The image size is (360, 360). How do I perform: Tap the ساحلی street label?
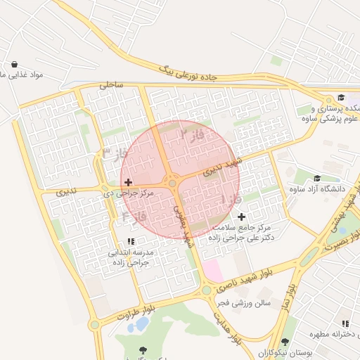coord(110,84)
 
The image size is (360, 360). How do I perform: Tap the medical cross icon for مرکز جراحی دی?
coord(128,182)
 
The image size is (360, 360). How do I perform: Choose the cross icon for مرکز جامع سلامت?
coord(242,217)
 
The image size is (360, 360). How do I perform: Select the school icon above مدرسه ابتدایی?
coord(131,241)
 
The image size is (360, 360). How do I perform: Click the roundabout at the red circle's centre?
coord(172,183)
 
